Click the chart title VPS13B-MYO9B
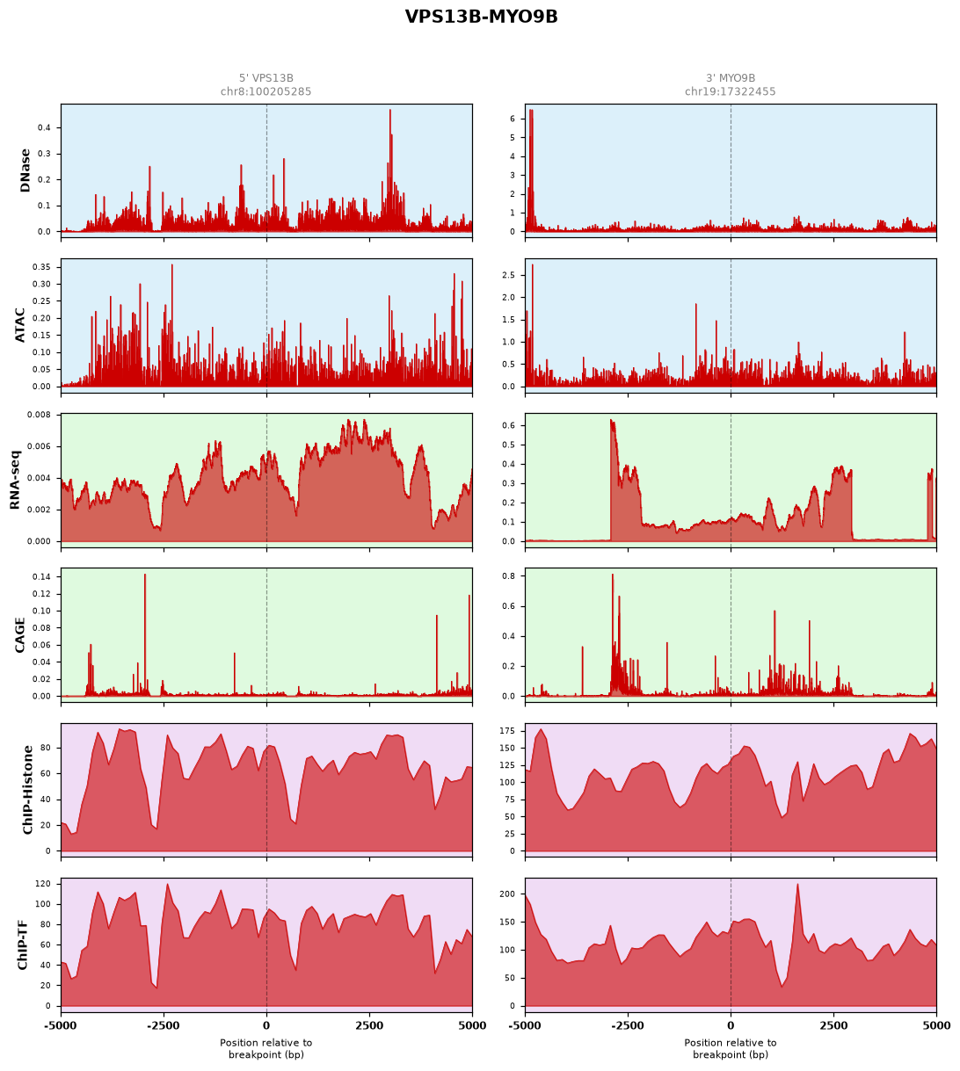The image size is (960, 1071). point(481,17)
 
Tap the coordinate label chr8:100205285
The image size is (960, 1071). point(265,91)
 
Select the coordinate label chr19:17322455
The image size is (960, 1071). point(730,91)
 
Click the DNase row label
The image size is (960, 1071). point(25,170)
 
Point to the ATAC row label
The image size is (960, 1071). point(19,325)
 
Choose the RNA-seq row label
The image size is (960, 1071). point(14,480)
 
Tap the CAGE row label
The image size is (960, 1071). point(19,635)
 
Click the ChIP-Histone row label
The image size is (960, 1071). point(27,790)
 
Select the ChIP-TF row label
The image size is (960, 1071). point(22,944)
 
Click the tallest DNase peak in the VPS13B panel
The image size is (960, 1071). point(389,111)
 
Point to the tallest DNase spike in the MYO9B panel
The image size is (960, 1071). point(530,111)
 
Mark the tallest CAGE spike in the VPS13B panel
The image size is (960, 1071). point(145,575)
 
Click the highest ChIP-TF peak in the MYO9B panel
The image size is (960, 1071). point(797,885)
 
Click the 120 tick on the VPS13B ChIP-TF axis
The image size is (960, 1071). point(43,884)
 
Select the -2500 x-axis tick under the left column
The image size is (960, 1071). point(164,1025)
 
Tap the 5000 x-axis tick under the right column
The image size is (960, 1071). point(935,1025)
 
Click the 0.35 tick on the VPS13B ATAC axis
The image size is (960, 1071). point(41,267)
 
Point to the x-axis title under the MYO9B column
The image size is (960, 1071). point(730,1048)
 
